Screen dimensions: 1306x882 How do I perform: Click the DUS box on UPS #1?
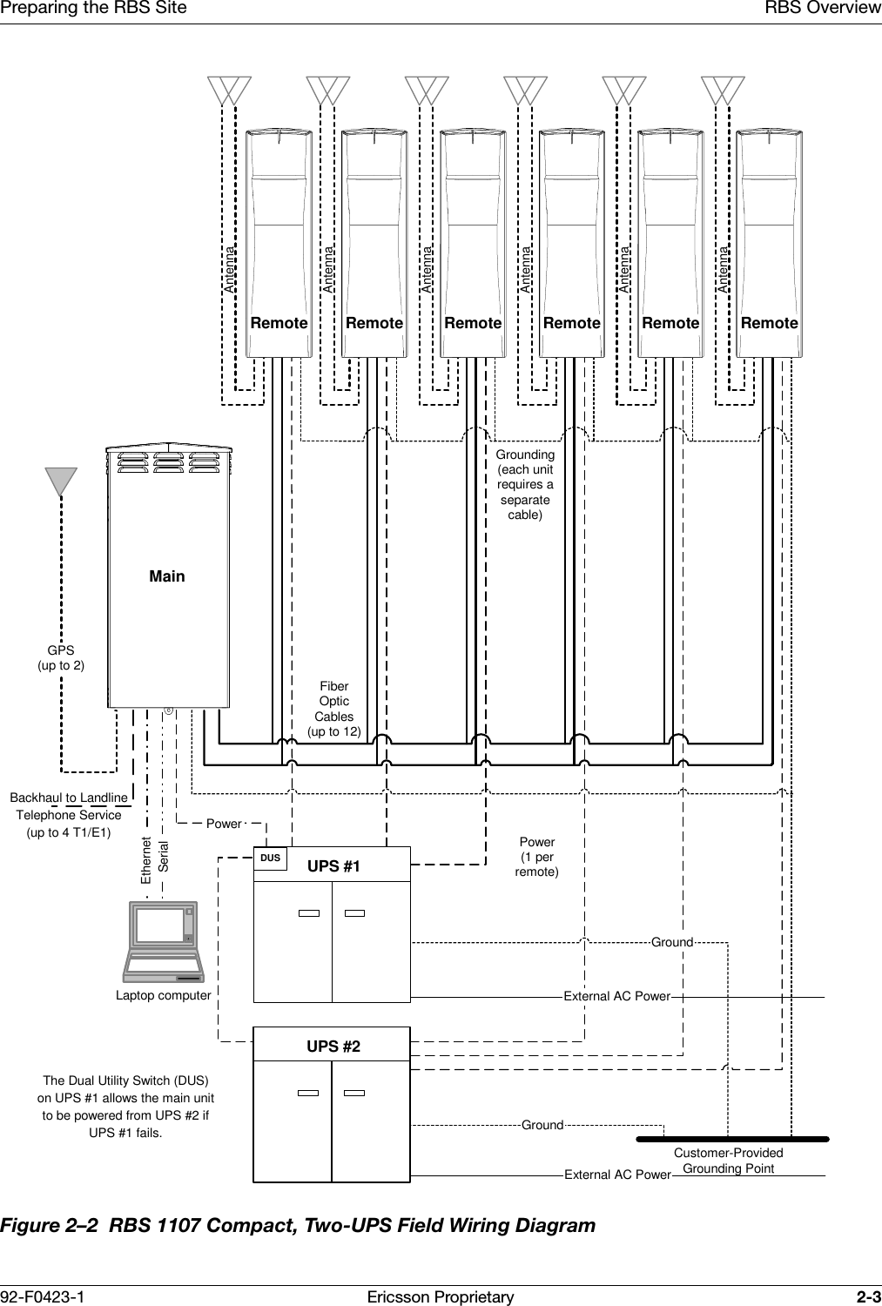coord(271,858)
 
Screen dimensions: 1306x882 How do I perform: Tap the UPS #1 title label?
coord(333,866)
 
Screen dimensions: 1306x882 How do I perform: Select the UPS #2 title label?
coord(333,1046)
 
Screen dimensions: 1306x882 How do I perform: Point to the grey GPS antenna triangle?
coord(61,481)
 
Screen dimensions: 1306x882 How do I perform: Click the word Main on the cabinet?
coord(167,576)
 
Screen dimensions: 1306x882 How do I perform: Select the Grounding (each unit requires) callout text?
coord(525,485)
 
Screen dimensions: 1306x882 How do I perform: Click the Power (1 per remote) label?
coord(537,857)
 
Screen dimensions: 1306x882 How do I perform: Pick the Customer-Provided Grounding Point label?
coord(728,1161)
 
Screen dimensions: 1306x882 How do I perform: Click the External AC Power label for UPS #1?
coord(616,996)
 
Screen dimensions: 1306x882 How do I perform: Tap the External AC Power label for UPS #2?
coord(617,1175)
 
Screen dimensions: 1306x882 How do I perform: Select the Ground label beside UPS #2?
coord(542,1126)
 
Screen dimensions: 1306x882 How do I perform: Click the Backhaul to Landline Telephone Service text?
coord(69,815)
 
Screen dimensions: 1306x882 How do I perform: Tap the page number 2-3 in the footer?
coord(867,1297)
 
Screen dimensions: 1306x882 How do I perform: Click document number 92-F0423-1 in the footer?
coord(43,1297)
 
